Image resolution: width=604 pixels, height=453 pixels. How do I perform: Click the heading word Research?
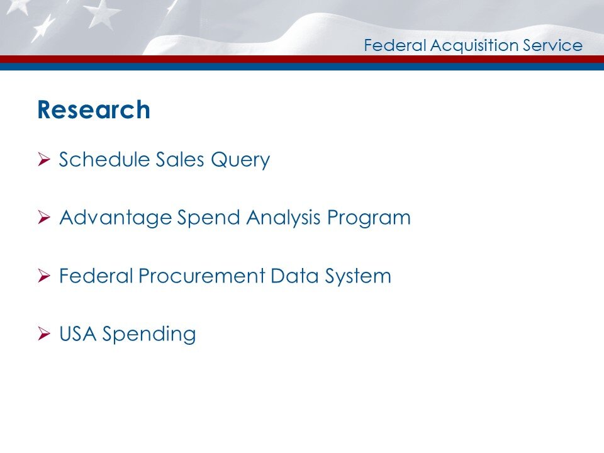coord(94,110)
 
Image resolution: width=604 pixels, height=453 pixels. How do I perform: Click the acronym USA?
coord(77,333)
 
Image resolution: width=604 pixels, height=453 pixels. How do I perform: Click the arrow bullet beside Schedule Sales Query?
coord(43,160)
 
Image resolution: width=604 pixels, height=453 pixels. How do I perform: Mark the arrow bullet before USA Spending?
coord(43,334)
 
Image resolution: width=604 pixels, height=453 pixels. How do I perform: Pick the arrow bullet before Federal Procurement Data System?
coord(43,276)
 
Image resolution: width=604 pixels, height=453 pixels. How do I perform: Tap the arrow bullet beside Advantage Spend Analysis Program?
coord(43,218)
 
